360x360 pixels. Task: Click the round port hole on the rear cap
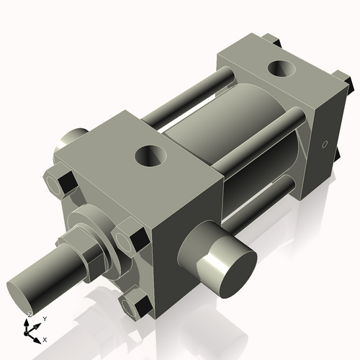click(x=279, y=70)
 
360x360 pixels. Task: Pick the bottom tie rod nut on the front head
click(x=134, y=307)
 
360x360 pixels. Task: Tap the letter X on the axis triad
click(x=45, y=338)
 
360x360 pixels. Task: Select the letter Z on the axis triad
click(x=29, y=315)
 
